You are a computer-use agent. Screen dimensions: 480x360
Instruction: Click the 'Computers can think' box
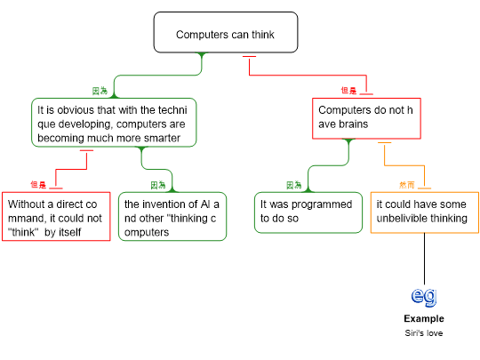point(226,33)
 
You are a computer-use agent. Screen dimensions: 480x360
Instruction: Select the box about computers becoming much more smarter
point(114,123)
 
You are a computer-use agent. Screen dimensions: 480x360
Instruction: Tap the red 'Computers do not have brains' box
point(366,118)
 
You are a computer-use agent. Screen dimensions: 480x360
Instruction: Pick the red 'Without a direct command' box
point(56,216)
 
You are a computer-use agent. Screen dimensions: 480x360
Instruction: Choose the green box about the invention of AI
point(172,216)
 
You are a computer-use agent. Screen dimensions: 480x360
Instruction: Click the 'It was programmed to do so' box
point(308,212)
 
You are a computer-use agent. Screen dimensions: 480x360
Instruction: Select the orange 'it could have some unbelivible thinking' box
point(425,212)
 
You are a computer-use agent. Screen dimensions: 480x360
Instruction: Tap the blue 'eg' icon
point(424,297)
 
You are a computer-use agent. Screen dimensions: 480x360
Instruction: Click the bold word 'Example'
point(424,319)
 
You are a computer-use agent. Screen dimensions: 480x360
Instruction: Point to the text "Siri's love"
point(424,333)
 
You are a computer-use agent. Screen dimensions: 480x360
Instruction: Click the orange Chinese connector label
point(407,185)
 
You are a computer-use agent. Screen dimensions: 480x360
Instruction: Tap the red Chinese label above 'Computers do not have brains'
point(348,91)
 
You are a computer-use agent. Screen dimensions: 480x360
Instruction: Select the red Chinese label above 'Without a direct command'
point(38,185)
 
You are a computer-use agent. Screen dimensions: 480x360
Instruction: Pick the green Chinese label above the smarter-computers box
point(100,91)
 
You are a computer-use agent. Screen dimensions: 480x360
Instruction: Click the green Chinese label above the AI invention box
point(158,185)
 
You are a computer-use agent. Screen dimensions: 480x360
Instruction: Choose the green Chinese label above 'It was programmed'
point(294,185)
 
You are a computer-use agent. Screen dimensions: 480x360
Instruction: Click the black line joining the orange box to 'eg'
point(424,259)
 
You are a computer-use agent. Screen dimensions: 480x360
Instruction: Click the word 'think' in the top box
point(263,35)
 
